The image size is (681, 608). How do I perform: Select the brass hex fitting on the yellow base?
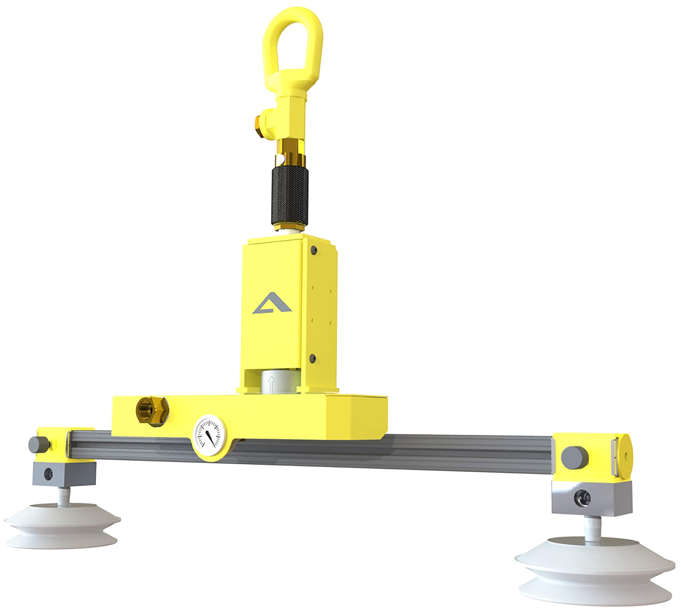(x=152, y=412)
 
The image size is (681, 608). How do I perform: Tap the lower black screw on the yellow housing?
(x=313, y=358)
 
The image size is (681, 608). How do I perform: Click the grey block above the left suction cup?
(x=64, y=474)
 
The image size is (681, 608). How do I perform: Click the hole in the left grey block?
(x=49, y=474)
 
